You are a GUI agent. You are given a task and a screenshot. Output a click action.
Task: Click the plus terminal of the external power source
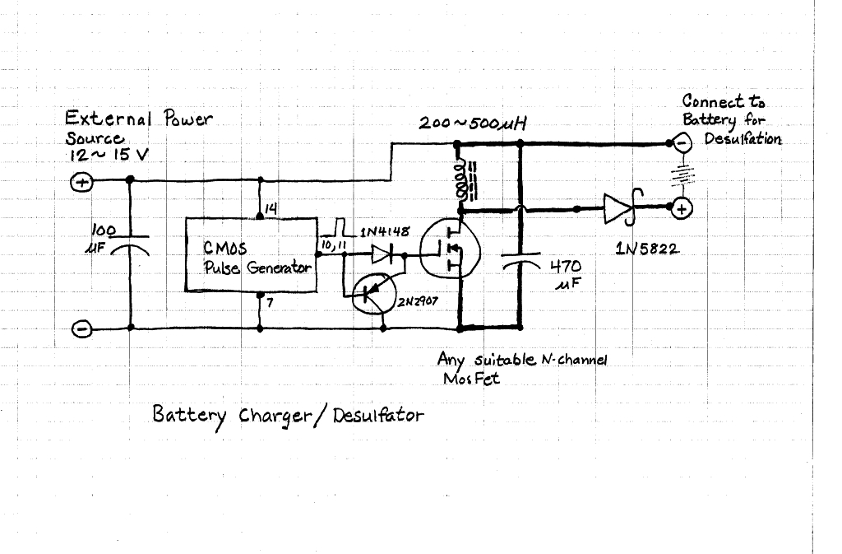point(81,182)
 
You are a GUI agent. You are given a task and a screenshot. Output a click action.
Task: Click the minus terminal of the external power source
point(81,328)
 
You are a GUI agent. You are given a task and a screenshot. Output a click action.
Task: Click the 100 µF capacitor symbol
point(130,244)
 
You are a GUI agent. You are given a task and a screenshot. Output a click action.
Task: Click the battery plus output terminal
point(682,208)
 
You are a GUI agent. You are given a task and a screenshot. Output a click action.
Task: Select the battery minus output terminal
point(682,143)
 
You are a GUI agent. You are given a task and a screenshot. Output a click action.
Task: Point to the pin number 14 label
point(271,209)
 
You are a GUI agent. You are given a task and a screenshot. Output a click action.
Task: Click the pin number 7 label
point(270,303)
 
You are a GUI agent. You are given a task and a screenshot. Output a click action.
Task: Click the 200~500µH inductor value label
point(473,123)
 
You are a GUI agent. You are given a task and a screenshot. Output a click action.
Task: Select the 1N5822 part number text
point(648,249)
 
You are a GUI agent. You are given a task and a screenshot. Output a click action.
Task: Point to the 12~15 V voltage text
point(108,156)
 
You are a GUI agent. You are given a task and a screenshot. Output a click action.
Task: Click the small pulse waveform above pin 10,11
point(338,228)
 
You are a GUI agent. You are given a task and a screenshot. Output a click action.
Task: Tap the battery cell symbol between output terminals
point(682,175)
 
